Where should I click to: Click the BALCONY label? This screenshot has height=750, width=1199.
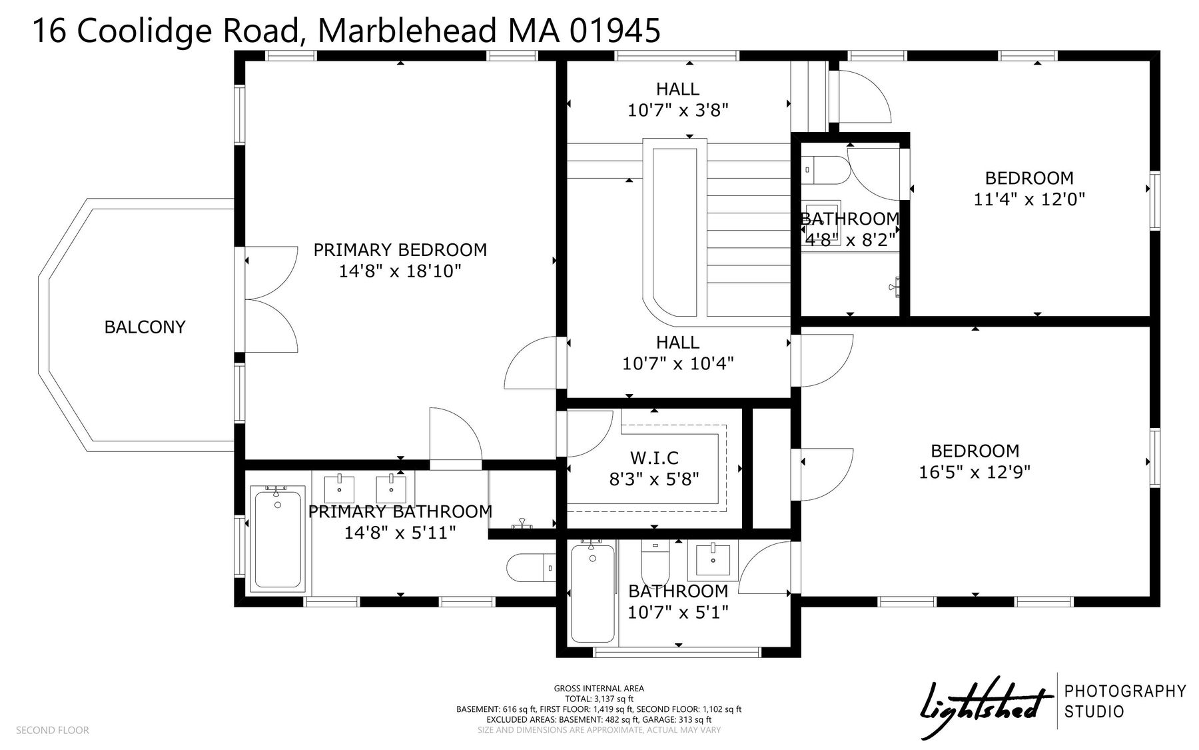(145, 327)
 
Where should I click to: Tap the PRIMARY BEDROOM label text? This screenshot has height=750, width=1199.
(400, 250)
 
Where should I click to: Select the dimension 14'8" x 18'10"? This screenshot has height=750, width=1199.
(400, 271)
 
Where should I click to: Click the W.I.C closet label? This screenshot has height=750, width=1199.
(654, 458)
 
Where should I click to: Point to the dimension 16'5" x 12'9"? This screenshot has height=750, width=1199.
(975, 472)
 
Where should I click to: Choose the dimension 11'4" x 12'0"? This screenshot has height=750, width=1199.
(1029, 199)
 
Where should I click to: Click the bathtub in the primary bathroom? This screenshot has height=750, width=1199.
(278, 540)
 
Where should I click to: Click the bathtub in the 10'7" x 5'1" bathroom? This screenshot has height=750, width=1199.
(592, 592)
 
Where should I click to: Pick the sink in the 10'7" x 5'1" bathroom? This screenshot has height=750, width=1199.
(713, 558)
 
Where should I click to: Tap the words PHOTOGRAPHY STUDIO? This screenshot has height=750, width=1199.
(1126, 701)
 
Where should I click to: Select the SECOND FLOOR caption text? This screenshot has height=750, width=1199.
(53, 730)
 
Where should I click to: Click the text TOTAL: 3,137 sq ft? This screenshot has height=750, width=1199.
(599, 699)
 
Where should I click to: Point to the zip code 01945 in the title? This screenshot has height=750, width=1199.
(615, 30)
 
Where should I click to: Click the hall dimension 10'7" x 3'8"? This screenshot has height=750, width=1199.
(678, 110)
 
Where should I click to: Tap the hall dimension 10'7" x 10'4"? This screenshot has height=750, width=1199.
(678, 363)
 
